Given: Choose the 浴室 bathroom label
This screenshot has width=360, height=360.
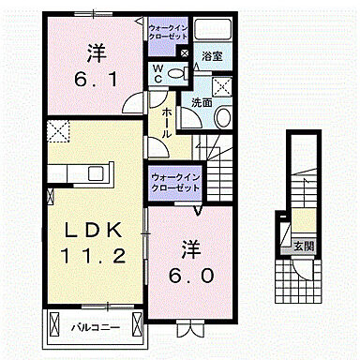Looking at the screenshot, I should pyautogui.click(x=213, y=56).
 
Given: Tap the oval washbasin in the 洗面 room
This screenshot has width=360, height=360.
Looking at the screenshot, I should pyautogui.click(x=222, y=116).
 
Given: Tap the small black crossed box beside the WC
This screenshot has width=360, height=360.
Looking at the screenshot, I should pyautogui.click(x=184, y=53).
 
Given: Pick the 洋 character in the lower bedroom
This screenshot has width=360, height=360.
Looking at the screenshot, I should pyautogui.click(x=191, y=249).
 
